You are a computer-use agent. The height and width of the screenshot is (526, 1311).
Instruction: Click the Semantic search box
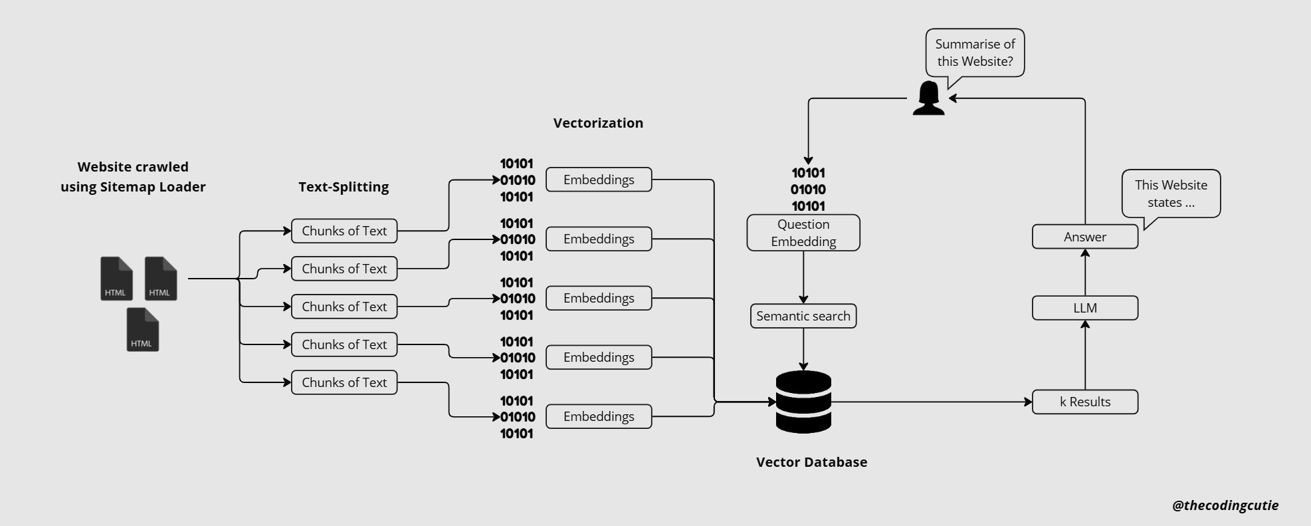(x=803, y=316)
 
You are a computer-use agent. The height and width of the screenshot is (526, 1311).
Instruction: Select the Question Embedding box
(x=803, y=233)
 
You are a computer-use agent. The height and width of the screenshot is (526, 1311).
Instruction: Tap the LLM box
(x=1084, y=308)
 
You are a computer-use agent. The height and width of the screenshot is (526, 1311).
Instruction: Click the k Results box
(x=1084, y=402)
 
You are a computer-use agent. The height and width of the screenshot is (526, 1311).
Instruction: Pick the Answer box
(x=1084, y=237)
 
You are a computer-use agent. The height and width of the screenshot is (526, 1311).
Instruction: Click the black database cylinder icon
(x=803, y=402)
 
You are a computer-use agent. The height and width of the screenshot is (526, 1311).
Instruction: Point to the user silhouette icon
(x=928, y=99)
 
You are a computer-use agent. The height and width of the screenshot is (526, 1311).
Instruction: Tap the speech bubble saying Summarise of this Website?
(x=975, y=53)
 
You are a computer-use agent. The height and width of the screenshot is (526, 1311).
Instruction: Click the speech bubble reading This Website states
(x=1171, y=194)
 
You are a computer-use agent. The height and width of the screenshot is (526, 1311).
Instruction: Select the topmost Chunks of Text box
(x=344, y=231)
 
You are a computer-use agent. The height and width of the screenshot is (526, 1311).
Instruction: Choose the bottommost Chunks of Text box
(x=344, y=382)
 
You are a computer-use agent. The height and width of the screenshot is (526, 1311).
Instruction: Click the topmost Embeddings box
(x=599, y=180)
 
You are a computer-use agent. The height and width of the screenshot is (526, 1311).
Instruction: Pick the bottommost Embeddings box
(x=599, y=416)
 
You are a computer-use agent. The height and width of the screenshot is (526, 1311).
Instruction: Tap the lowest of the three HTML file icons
(x=142, y=330)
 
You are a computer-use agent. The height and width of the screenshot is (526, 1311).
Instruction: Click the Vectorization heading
(x=598, y=123)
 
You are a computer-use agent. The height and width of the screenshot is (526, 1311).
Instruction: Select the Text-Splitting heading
(x=344, y=187)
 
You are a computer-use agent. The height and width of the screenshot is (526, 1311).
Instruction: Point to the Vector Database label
(x=811, y=462)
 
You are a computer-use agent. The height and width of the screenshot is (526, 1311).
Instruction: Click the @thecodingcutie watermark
(x=1225, y=505)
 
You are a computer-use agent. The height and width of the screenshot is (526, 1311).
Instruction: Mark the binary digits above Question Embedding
(x=808, y=190)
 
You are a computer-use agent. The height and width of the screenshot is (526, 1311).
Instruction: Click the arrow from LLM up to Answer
(x=1085, y=273)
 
